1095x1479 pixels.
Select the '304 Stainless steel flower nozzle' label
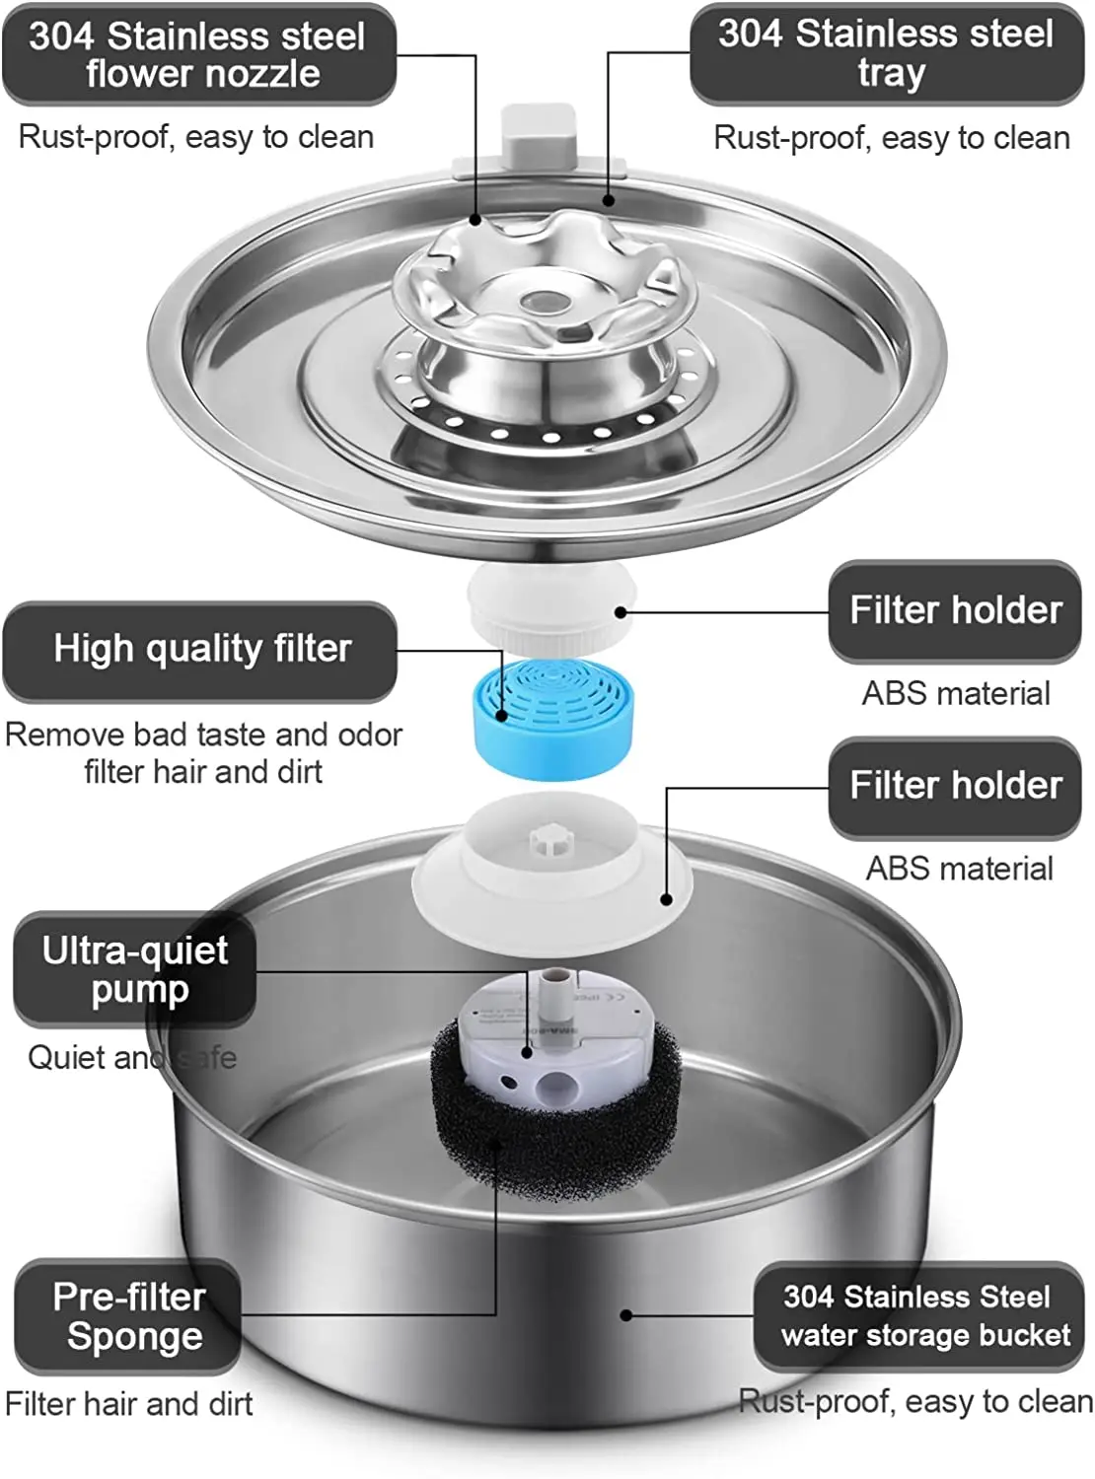[199, 54]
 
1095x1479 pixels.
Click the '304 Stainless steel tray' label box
[887, 53]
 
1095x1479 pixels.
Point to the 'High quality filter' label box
[201, 650]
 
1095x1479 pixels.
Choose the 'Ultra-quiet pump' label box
[135, 969]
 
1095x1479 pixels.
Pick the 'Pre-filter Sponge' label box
[128, 1316]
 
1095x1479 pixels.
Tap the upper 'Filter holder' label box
[955, 610]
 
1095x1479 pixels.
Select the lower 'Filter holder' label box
[955, 786]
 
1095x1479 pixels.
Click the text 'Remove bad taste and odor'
[203, 735]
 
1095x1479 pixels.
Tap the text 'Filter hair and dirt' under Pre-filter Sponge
[129, 1403]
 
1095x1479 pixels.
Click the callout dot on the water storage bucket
[625, 1314]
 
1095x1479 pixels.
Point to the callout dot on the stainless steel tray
[609, 200]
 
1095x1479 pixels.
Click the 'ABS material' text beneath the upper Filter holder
[955, 693]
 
